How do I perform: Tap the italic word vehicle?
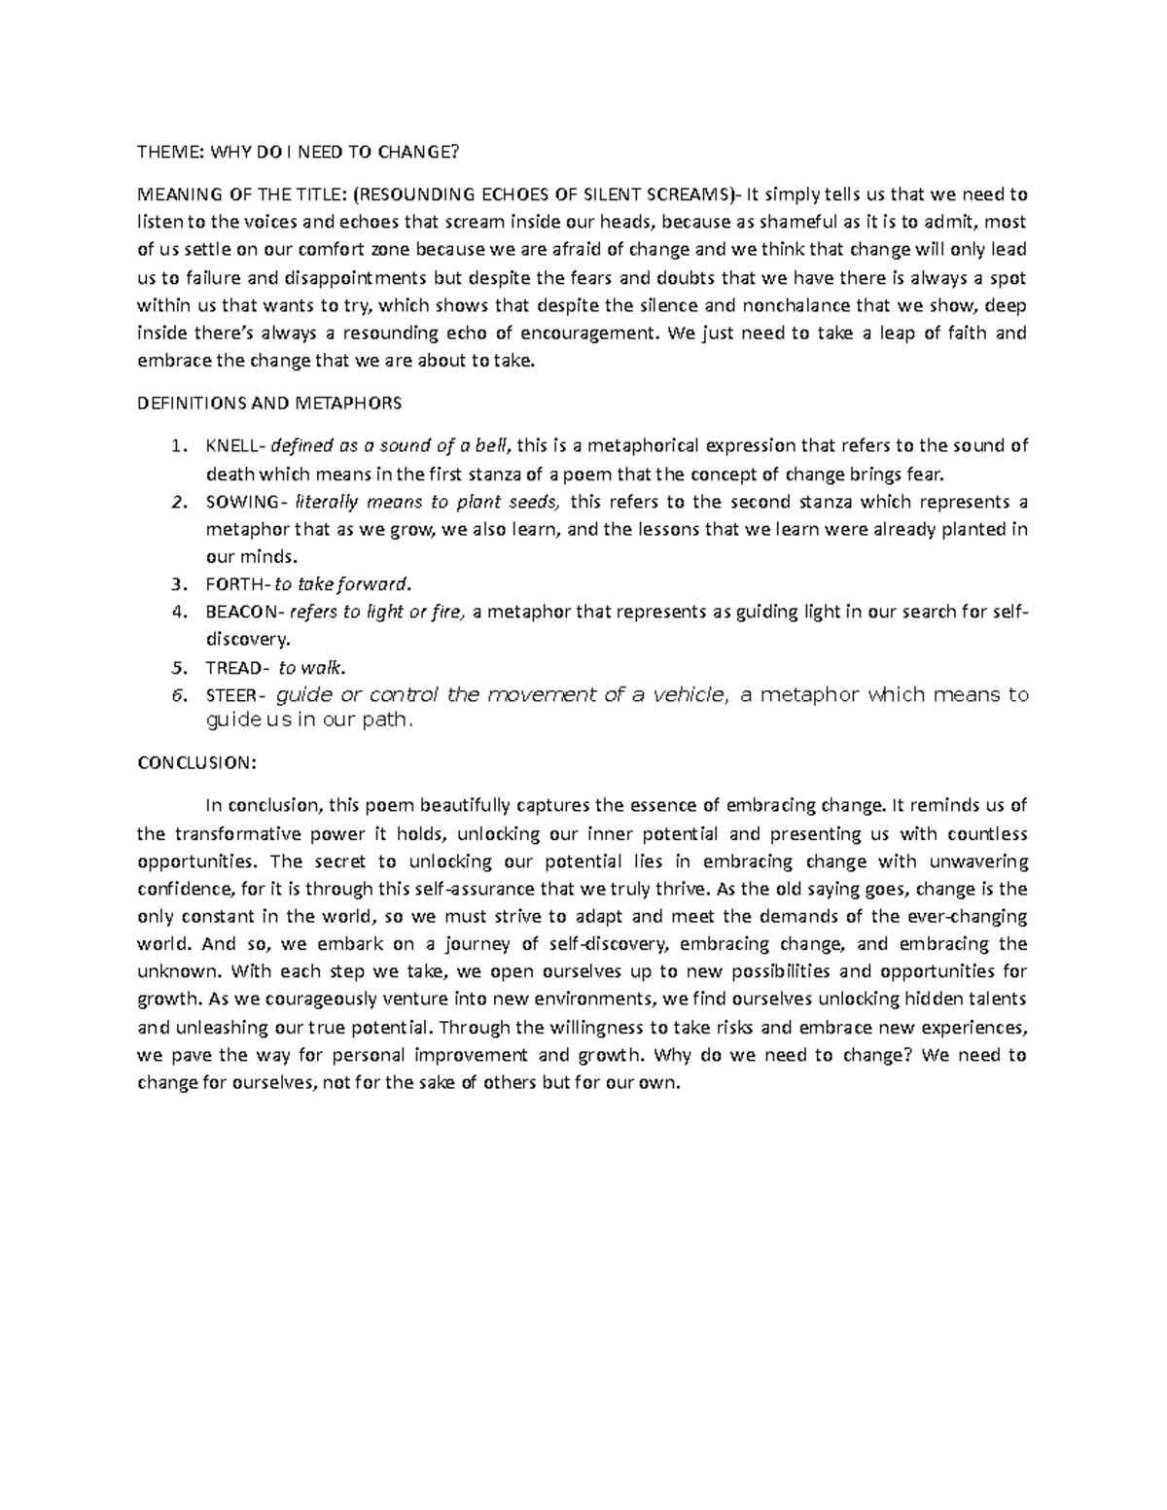click(x=687, y=695)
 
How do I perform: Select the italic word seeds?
click(x=532, y=503)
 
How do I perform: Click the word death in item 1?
click(x=228, y=474)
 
